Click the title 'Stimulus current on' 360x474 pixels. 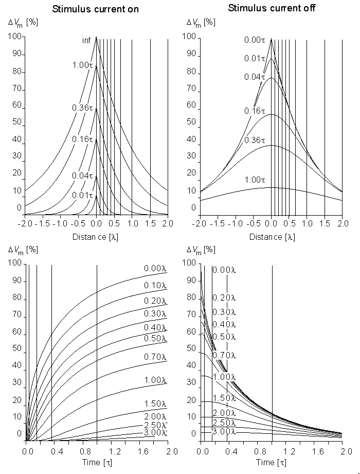click(96, 9)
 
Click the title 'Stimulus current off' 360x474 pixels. click(272, 8)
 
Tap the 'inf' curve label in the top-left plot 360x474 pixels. click(86, 41)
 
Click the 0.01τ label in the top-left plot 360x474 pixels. click(82, 195)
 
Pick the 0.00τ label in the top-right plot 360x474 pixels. click(255, 41)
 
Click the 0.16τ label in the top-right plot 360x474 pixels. click(255, 111)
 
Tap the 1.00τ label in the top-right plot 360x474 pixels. click(255, 180)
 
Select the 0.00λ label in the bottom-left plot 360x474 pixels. click(156, 268)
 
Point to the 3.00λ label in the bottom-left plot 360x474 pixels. click(156, 432)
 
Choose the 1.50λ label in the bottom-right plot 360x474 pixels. click(224, 398)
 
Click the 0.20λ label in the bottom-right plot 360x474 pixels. click(224, 297)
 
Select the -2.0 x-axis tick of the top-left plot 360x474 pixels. click(25, 224)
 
